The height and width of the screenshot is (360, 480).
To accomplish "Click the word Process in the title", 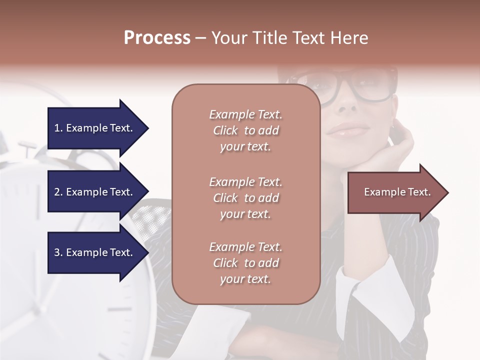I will [157, 38].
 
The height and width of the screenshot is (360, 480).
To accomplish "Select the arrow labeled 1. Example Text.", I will [95, 128].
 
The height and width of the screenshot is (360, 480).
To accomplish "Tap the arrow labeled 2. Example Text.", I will [95, 192].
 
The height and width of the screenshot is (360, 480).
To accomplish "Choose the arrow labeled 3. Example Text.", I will [95, 253].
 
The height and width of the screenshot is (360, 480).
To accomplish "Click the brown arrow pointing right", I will [395, 192].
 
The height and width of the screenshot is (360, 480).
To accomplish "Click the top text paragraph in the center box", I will [245, 130].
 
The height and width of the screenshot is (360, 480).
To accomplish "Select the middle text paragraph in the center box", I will [245, 198].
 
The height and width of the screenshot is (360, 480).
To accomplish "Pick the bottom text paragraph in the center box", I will [245, 263].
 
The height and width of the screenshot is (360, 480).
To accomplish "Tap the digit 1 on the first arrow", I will [57, 128].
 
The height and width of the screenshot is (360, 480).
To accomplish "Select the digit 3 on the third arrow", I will [57, 253].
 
